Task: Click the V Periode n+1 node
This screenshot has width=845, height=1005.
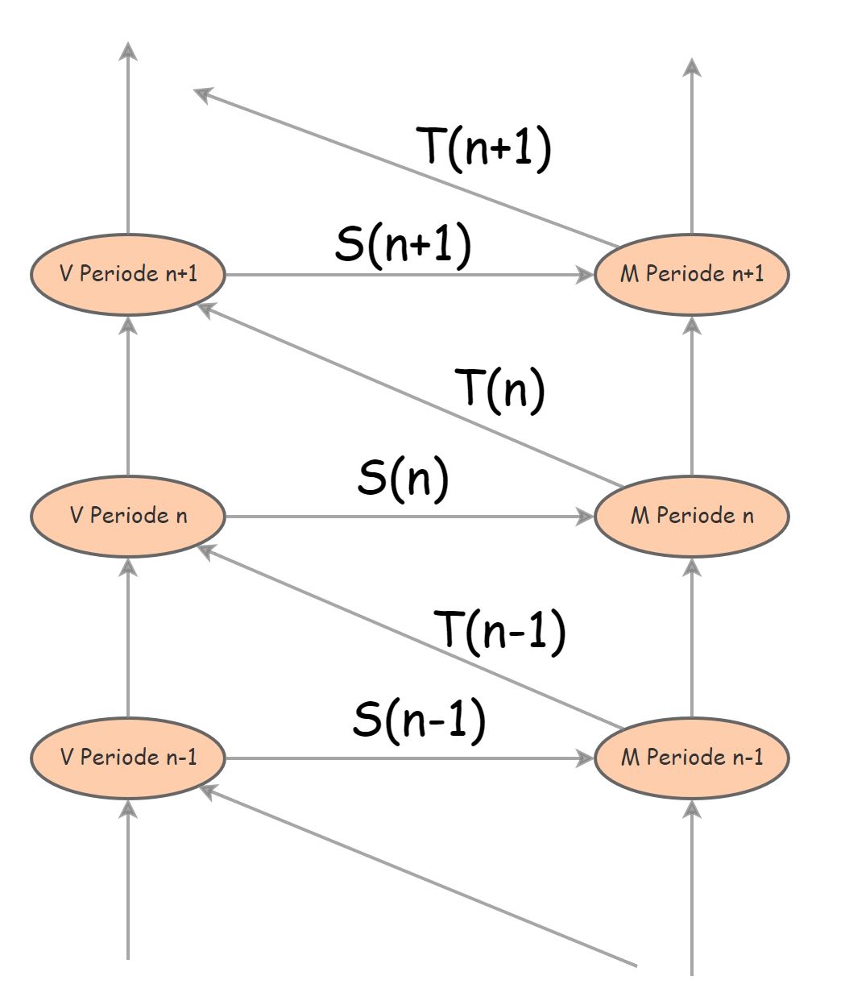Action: (127, 275)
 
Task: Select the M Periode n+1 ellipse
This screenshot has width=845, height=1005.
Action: (691, 275)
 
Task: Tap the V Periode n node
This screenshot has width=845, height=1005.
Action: (127, 516)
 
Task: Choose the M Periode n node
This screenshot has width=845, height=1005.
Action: (691, 516)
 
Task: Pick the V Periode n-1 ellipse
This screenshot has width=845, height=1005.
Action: (127, 758)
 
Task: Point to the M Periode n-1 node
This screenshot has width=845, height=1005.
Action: (691, 758)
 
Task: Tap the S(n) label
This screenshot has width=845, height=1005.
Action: (403, 479)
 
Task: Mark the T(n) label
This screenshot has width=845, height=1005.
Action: (500, 388)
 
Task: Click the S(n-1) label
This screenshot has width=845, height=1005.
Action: (419, 719)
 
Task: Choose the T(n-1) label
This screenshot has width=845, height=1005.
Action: (500, 630)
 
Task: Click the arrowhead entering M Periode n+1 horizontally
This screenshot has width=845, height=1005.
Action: (586, 275)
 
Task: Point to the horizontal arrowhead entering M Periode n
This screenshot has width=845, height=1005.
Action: (586, 517)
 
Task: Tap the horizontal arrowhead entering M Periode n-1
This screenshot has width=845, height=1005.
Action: (586, 758)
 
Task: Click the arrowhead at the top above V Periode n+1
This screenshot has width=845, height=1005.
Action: (128, 50)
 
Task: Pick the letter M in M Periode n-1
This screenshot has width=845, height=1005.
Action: (629, 758)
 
